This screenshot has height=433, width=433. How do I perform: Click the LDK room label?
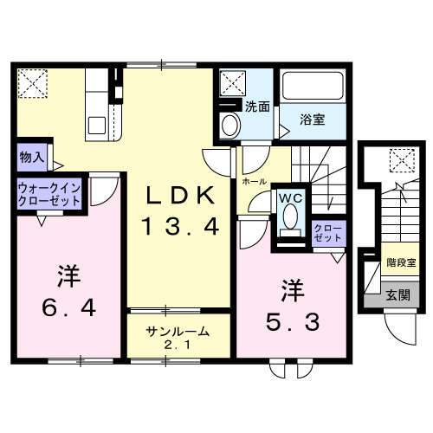coord(178,196)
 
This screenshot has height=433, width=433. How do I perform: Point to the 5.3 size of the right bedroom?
coord(292,321)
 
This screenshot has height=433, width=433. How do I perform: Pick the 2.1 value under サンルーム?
coord(178,347)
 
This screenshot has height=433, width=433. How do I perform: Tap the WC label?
coord(289,197)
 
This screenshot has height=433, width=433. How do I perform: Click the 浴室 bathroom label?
coord(313,119)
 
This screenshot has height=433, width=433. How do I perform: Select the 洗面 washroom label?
coord(257,107)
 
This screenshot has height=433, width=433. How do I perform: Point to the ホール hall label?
coord(254,183)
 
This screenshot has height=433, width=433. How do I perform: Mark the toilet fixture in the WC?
coord(289,228)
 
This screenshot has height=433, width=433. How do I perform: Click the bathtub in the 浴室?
coord(313,87)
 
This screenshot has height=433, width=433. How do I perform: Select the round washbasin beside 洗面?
coord(229,125)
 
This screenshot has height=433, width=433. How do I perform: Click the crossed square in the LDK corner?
coord(35,83)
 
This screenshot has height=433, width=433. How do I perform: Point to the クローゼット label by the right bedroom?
coord(327,232)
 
